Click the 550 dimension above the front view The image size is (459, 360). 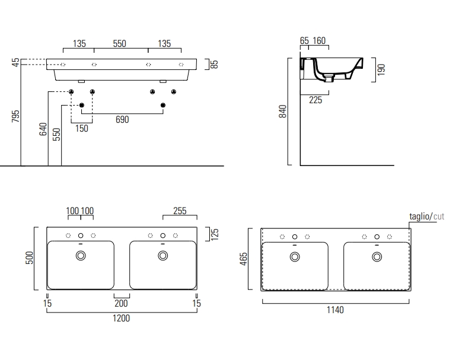coord(119,43)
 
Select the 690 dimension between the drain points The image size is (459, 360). coord(122,119)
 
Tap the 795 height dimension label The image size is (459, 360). coord(16,115)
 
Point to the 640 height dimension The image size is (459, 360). coord(43,129)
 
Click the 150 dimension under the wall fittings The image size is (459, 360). coord(81,128)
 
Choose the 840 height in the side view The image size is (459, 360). coord(283,111)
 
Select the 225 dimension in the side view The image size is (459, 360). coord(315,100)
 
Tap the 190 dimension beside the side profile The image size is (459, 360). coord(381,69)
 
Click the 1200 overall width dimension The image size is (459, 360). coord(121,318)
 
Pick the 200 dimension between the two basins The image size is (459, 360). coord(122,303)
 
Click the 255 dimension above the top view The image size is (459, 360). coord(180,211)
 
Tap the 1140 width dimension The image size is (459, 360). coord(335,310)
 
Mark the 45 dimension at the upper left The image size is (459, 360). coord(16,62)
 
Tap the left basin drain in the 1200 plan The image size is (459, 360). coord(81,256)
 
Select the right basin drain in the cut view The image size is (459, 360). coord(377,257)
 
